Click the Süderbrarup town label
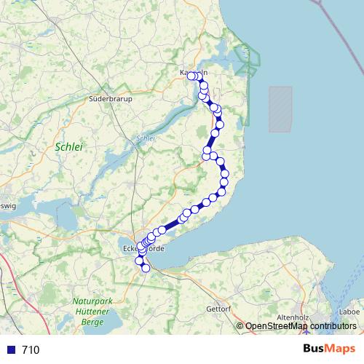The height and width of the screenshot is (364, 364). click(x=109, y=98)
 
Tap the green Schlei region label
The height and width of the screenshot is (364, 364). click(x=69, y=147)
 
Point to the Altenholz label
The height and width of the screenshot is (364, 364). click(x=294, y=318)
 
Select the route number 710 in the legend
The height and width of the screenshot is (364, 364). click(x=31, y=349)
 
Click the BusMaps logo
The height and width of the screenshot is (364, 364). click(x=330, y=349)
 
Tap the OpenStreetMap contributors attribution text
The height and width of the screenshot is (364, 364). click(x=300, y=326)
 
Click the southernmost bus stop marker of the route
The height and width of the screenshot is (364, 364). click(x=146, y=268)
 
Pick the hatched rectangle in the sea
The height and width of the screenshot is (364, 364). click(x=280, y=109)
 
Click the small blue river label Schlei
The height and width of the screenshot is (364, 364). click(x=146, y=138)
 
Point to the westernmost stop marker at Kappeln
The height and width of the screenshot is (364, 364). click(x=191, y=76)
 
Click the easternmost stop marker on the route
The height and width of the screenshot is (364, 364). click(x=225, y=174)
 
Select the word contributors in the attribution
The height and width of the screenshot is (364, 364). click(x=329, y=326)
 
